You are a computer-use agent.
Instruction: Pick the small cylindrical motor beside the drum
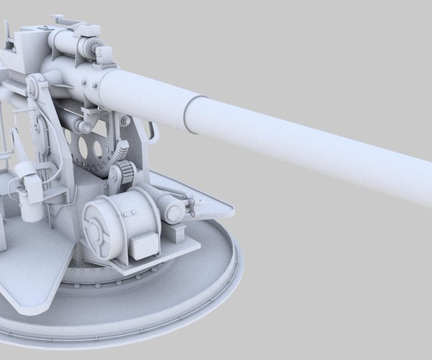coord(173,210)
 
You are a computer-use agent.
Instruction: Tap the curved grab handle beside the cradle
coord(152,132)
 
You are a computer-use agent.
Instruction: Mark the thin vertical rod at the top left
coord(6,32)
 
